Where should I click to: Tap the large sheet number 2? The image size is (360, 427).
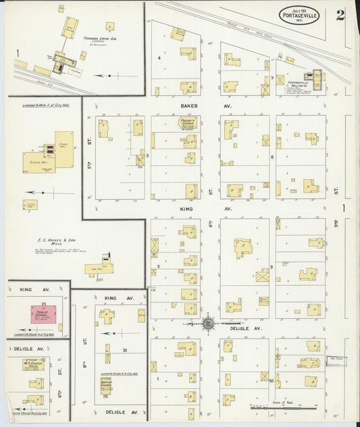(x=340, y=15)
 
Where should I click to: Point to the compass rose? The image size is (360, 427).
(x=208, y=323)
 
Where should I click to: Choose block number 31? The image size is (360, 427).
(x=125, y=349)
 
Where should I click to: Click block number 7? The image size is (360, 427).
(x=272, y=78)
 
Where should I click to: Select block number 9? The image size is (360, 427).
(x=272, y=267)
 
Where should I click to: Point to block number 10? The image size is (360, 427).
(x=272, y=381)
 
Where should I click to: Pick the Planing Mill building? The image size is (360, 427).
(x=33, y=162)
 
